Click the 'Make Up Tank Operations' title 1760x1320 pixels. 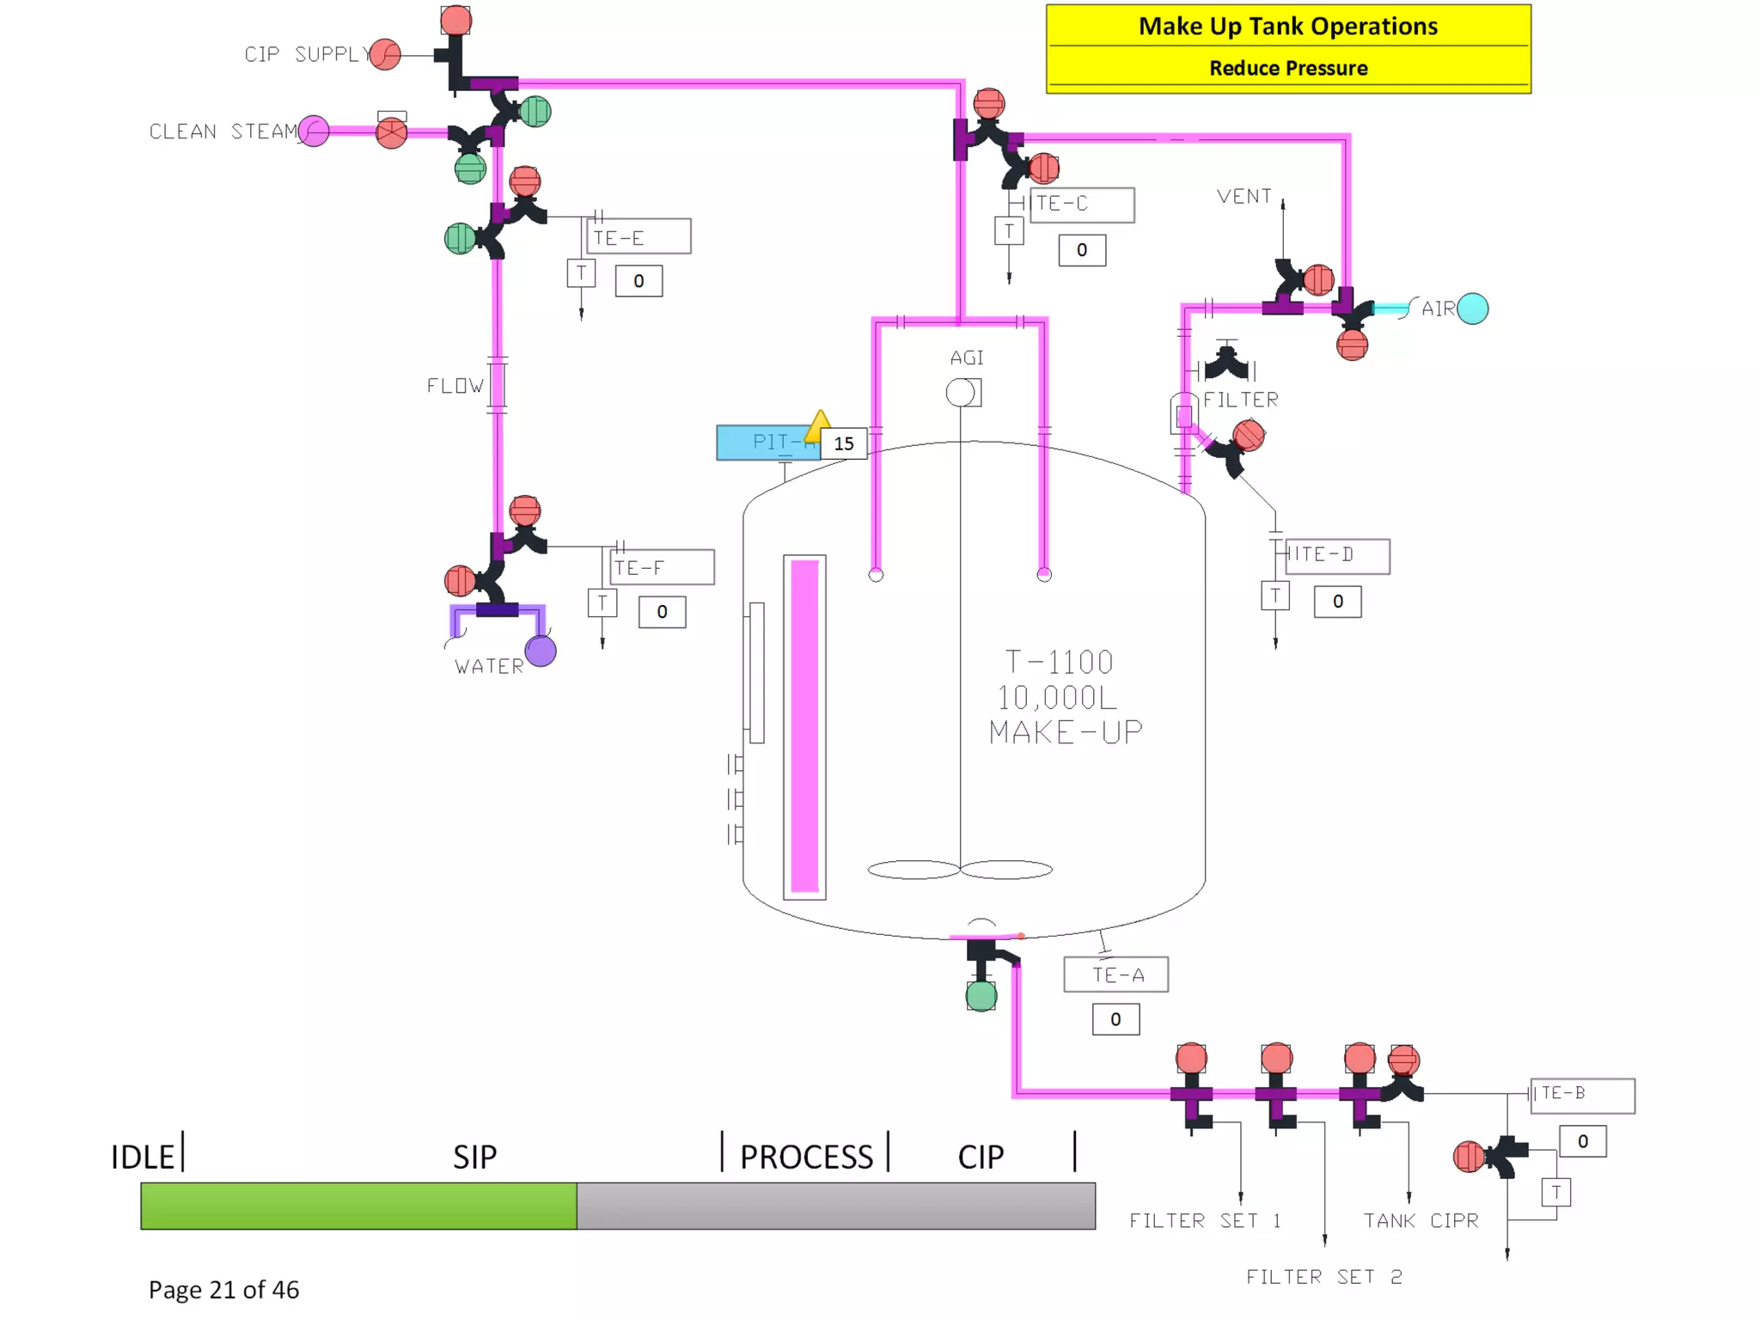click(x=1287, y=27)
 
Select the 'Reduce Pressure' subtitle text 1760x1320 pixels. click(x=1287, y=68)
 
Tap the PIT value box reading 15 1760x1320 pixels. click(x=843, y=443)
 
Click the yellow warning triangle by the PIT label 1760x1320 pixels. click(x=819, y=422)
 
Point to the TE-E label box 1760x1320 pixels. click(x=639, y=236)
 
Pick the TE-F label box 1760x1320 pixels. click(x=662, y=567)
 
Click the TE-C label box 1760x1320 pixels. click(x=1081, y=205)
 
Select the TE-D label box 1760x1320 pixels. click(x=1336, y=555)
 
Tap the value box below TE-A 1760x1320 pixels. click(x=1115, y=1019)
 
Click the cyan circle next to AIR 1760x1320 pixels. click(x=1473, y=309)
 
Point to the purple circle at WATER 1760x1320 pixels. click(x=541, y=651)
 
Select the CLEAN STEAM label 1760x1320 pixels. click(x=223, y=131)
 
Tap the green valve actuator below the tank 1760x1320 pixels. click(x=981, y=996)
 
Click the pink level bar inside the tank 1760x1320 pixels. click(x=804, y=726)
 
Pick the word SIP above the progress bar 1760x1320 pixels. click(x=474, y=1157)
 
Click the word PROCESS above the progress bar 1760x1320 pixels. click(x=806, y=1157)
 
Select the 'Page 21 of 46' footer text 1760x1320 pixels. click(x=223, y=1289)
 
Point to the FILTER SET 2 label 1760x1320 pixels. click(x=1323, y=1277)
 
